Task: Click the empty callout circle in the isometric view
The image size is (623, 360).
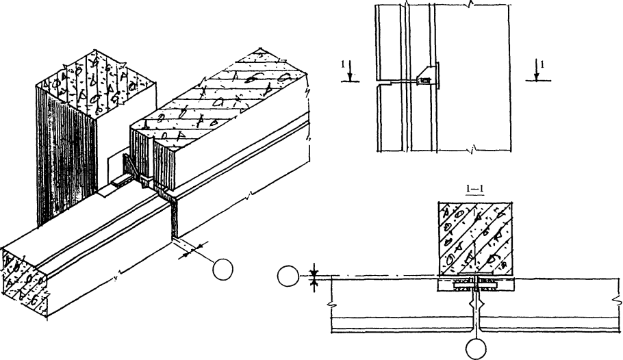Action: click(x=222, y=270)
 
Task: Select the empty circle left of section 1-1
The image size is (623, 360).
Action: click(x=288, y=276)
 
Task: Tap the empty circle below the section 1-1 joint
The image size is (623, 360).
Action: click(x=476, y=349)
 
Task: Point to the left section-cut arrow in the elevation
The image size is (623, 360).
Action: click(x=350, y=70)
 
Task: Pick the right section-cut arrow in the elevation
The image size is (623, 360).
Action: click(x=537, y=70)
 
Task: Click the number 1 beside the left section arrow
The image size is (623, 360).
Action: click(x=343, y=64)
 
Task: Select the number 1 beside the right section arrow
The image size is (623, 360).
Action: click(x=542, y=64)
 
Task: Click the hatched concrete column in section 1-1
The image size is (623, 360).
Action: click(x=474, y=238)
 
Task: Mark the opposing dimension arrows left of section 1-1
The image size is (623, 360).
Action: click(x=314, y=277)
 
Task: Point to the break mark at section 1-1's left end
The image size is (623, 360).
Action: click(x=330, y=305)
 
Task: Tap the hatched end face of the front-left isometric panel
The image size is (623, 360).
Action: click(x=25, y=283)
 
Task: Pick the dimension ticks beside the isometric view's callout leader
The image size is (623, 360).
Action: click(x=192, y=249)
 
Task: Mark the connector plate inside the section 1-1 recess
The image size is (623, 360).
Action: click(x=475, y=284)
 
